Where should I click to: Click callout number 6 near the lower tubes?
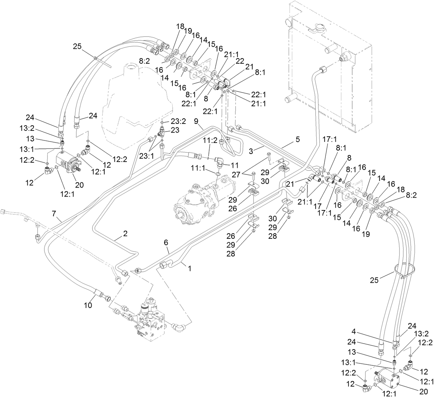pyautogui.click(x=166, y=243)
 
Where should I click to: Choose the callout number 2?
pyautogui.click(x=125, y=234)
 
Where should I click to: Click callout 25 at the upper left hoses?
pyautogui.click(x=78, y=46)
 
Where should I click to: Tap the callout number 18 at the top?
pyautogui.click(x=180, y=26)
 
